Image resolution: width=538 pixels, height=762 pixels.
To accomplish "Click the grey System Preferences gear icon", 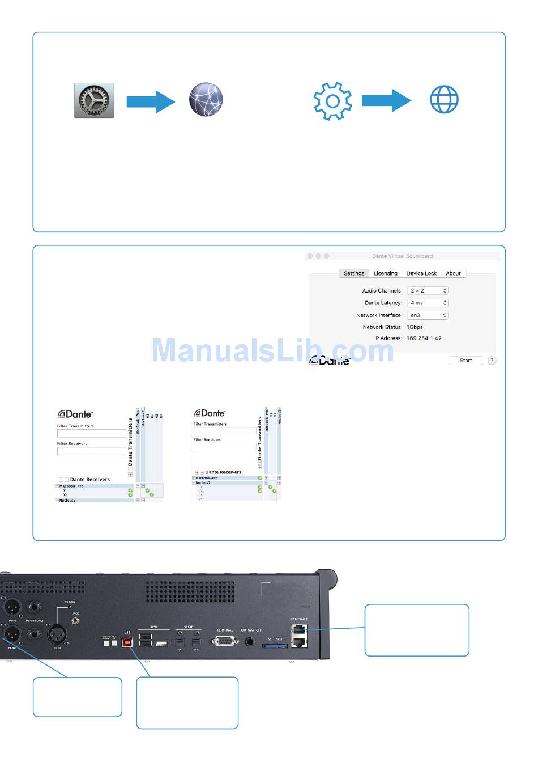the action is click(94, 100).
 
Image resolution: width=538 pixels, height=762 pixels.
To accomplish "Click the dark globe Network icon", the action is click(206, 100).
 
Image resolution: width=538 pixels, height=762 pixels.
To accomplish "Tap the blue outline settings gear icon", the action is click(332, 101).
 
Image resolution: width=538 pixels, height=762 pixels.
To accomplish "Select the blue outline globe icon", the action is click(444, 100).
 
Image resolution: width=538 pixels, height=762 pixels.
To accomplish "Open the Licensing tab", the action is click(385, 273).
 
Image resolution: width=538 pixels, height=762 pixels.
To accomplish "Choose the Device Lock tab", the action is click(421, 273).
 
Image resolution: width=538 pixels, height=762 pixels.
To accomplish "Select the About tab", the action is click(453, 273).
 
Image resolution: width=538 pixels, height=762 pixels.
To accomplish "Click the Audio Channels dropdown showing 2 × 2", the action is click(428, 290).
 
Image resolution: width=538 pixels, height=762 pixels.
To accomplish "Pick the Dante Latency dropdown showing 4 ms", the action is click(428, 303).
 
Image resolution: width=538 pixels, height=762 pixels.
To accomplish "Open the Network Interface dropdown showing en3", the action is click(428, 315).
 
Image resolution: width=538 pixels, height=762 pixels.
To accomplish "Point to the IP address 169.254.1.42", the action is click(424, 338).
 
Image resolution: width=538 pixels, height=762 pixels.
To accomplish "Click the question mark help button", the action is click(492, 361).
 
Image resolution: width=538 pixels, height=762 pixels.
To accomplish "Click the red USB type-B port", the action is click(127, 642).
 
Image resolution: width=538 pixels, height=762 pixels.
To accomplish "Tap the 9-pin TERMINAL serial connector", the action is click(224, 641).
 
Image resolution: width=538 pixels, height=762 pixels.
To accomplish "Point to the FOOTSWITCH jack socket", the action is click(250, 641).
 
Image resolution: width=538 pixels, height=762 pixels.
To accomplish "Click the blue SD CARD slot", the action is click(275, 645).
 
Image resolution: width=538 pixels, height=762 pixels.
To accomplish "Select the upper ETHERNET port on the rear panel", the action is click(298, 629).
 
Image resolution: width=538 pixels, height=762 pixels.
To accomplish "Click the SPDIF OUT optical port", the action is click(197, 642).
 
